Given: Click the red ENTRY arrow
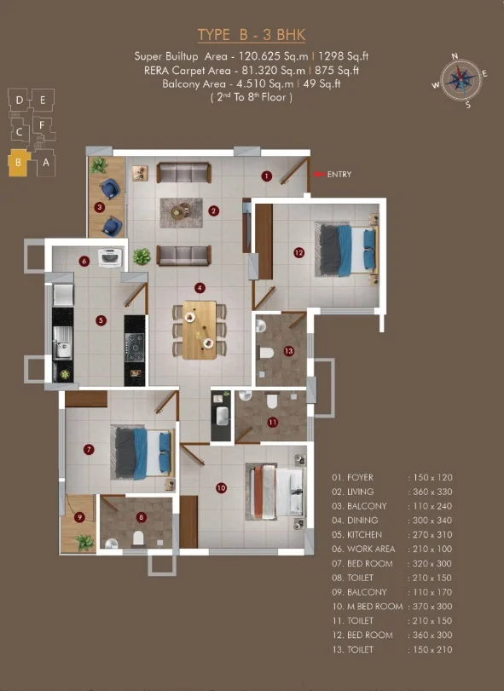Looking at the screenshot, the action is pos(319,174).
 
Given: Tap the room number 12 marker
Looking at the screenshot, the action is pos(299,252).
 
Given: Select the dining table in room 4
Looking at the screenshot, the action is pos(200,330).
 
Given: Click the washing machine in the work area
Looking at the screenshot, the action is pos(110,258).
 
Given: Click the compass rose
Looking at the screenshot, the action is pos(460,80).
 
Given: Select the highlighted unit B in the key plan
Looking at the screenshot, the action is pos(19,163).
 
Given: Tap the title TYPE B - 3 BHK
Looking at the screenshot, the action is pos(252,35).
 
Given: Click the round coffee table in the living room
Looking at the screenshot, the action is pos(179,212).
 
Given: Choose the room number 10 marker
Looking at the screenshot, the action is pos(221,488).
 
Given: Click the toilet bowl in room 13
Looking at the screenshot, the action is pos(267,353).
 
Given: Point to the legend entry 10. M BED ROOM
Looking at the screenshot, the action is pos(368,607).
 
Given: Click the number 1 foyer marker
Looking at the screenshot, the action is pos(266,176).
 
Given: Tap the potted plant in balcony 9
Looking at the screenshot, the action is pos(84,542).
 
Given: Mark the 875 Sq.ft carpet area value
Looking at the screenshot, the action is pos(337,70).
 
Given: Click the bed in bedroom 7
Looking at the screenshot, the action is pos(142,452).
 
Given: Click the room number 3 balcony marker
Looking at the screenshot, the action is pos(100,207).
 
